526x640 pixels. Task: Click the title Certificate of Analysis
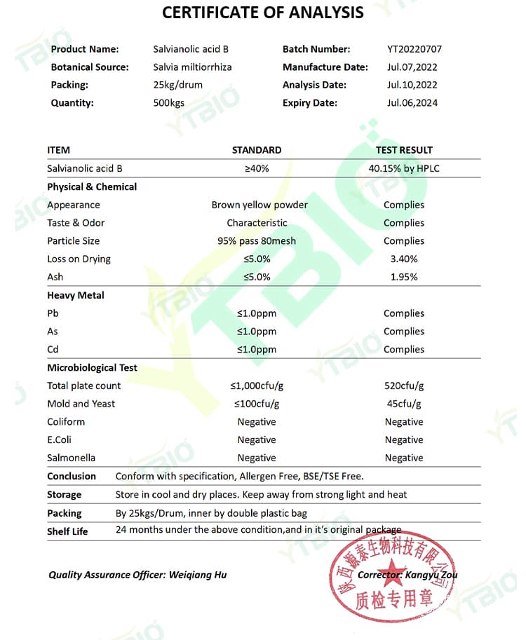tap(262, 13)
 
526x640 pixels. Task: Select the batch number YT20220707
tap(414, 49)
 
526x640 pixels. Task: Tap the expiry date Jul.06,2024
tap(412, 103)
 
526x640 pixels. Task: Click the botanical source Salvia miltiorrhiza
tap(192, 67)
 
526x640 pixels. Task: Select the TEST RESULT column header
tap(404, 150)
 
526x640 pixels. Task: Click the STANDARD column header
tap(257, 150)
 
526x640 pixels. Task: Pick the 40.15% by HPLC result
tap(404, 168)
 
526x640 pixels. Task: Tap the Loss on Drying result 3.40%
tap(404, 259)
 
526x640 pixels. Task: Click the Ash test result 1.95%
tap(404, 277)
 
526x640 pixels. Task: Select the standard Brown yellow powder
tap(259, 205)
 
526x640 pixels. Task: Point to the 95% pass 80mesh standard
tap(257, 241)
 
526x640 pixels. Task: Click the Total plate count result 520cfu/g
tap(404, 386)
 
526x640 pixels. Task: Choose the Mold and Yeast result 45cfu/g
tap(404, 404)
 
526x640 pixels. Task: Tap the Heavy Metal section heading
tap(76, 295)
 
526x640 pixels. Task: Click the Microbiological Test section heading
tap(92, 367)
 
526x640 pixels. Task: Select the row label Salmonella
tap(71, 458)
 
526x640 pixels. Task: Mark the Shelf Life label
tap(67, 531)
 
